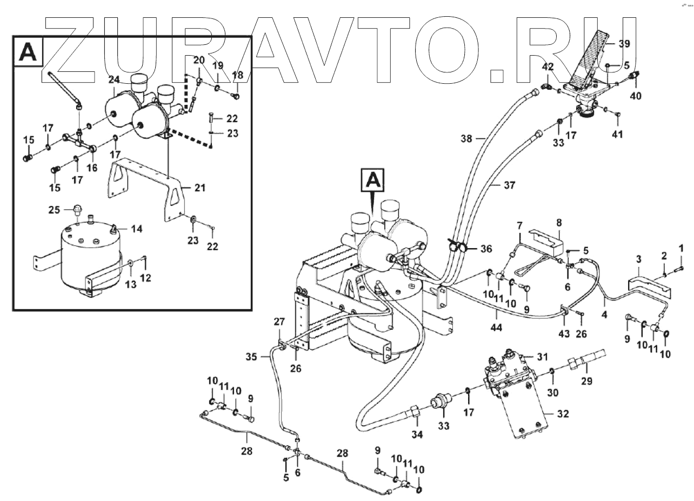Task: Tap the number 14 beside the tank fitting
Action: point(136,229)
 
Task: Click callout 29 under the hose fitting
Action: point(586,380)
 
